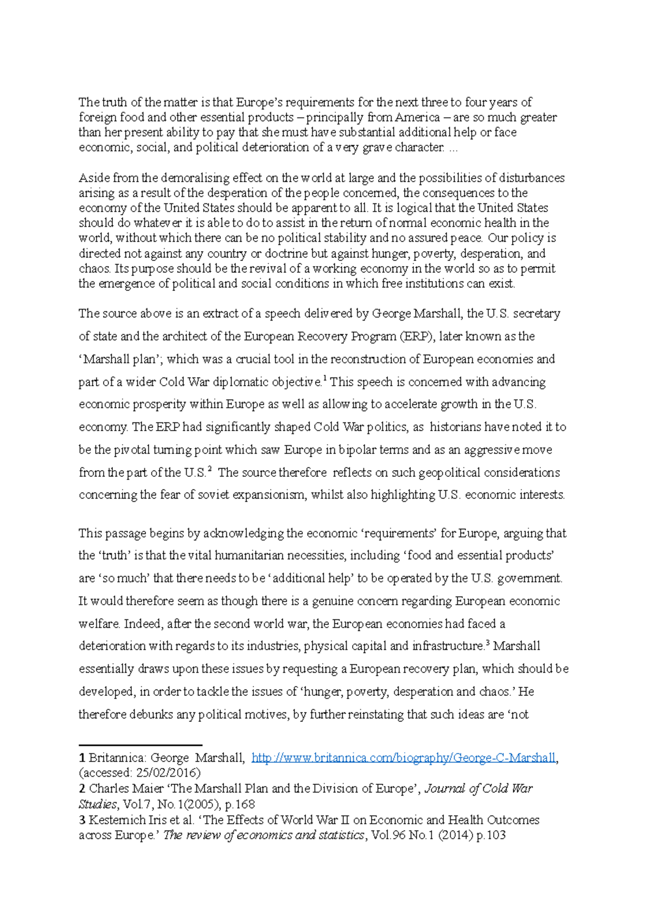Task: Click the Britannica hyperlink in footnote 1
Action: tap(404, 758)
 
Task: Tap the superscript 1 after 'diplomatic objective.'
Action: tap(324, 379)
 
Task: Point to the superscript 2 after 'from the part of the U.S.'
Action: tap(209, 469)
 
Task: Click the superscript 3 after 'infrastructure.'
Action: tap(488, 643)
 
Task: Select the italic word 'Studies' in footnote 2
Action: tap(98, 804)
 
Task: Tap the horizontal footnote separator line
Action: tap(141, 745)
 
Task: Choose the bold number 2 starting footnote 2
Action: tap(82, 789)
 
